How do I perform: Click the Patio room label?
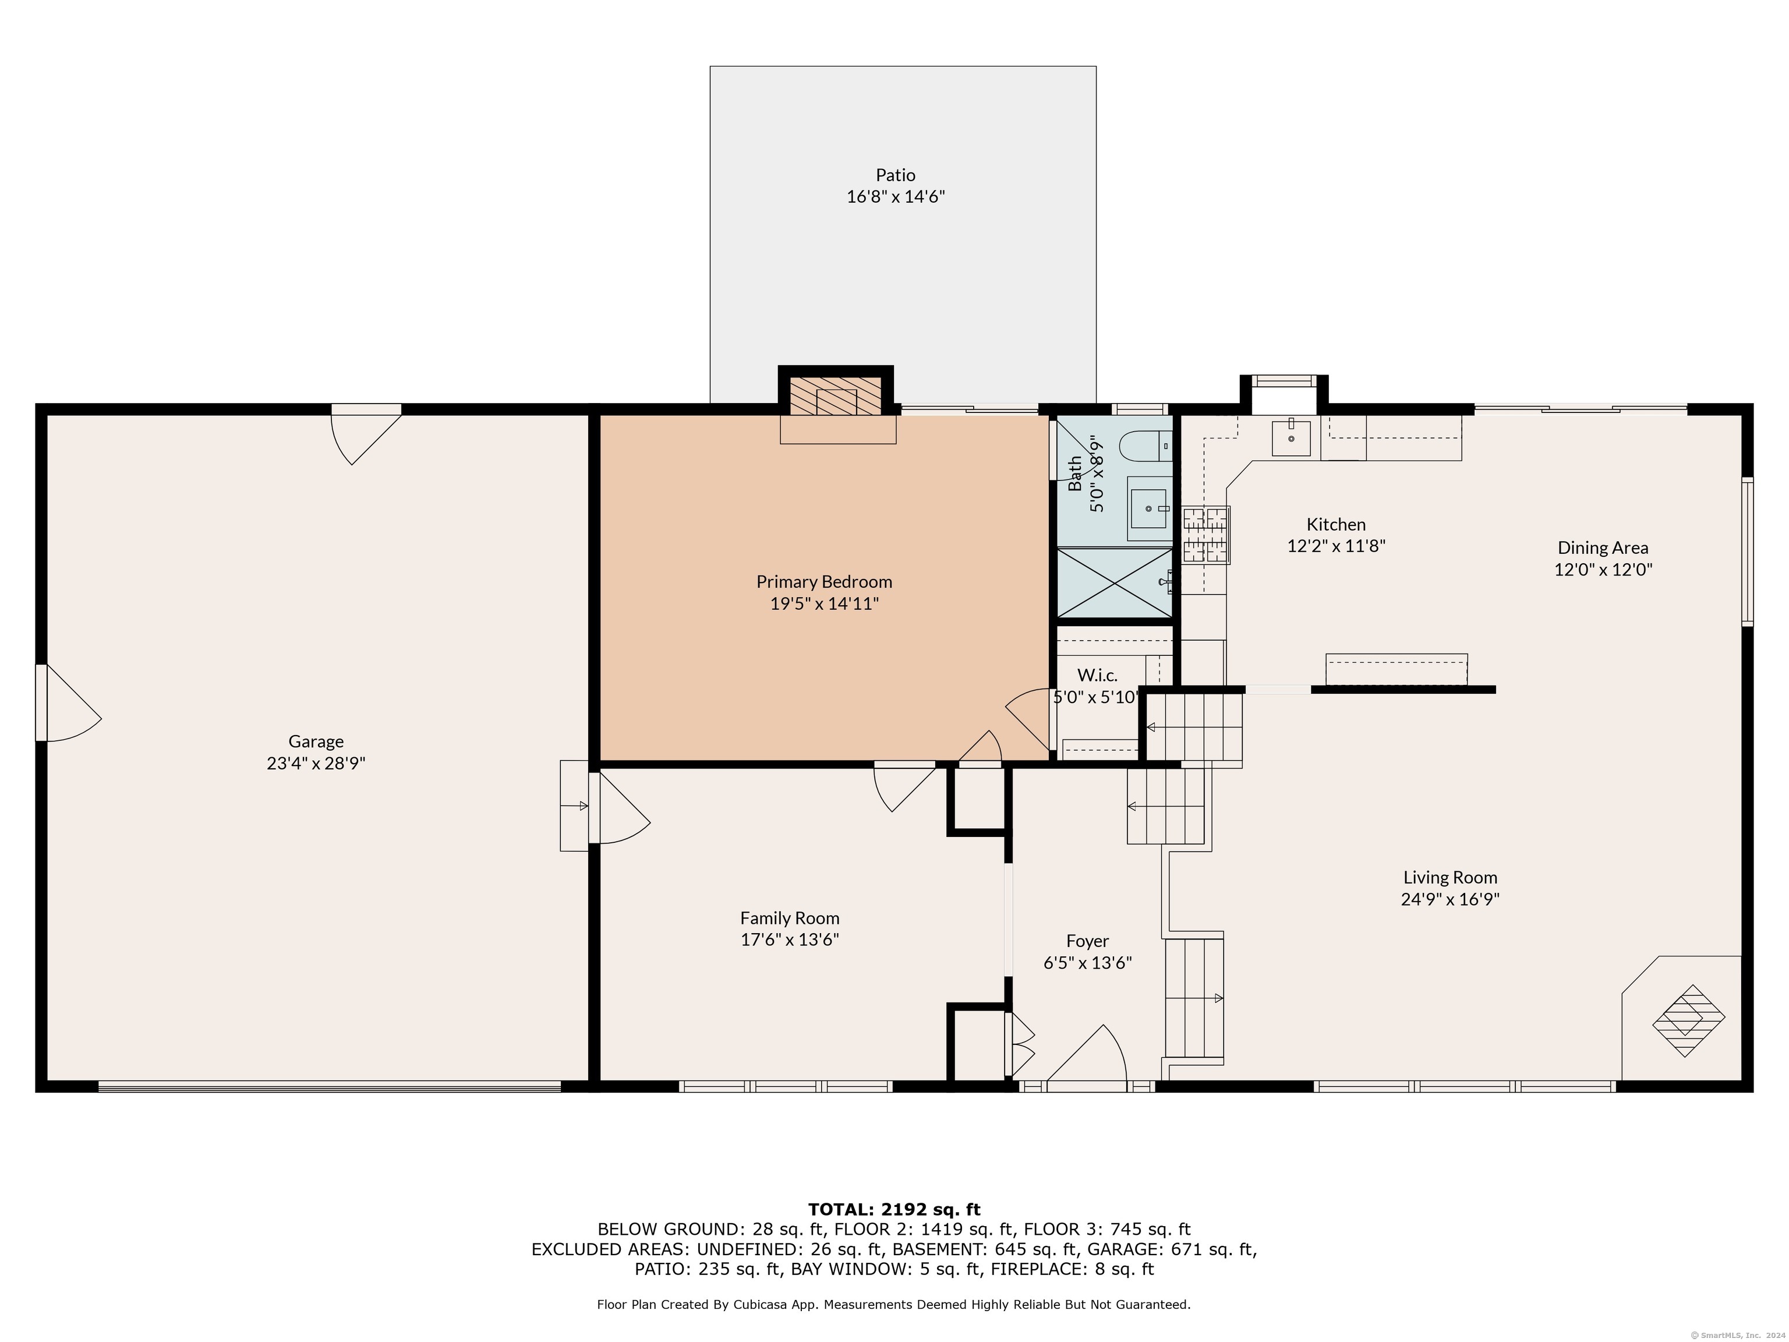(895, 175)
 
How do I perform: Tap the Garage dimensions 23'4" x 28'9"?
(316, 763)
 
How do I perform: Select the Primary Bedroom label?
(824, 582)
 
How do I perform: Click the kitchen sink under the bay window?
(1291, 439)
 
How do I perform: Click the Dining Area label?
(1603, 548)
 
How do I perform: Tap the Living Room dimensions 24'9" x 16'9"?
(1450, 899)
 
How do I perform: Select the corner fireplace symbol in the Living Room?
(1688, 1020)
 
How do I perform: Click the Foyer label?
(1087, 941)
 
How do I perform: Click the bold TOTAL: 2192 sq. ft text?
(894, 1209)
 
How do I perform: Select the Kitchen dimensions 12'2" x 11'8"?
(1336, 546)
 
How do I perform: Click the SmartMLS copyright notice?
(1737, 1335)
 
